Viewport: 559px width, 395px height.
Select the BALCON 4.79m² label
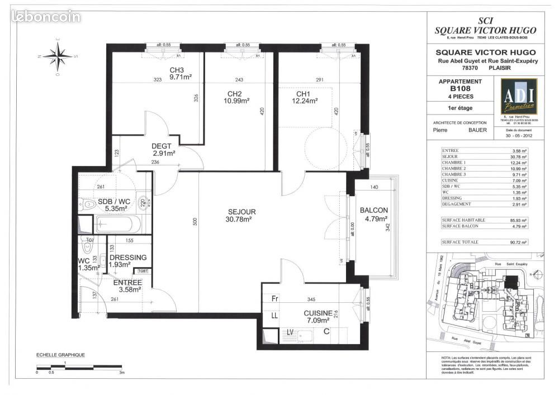[373, 215]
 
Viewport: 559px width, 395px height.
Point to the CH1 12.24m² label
[304, 97]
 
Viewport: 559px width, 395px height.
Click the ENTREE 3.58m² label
[127, 285]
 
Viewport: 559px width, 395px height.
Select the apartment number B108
[458, 88]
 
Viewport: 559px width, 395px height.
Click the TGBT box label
[143, 272]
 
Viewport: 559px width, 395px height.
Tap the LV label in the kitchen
[290, 332]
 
